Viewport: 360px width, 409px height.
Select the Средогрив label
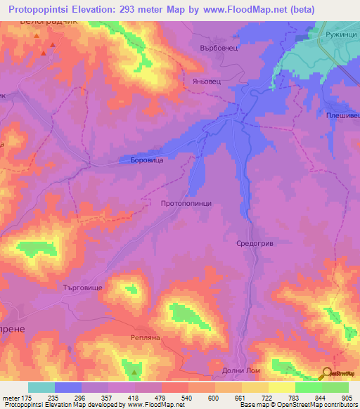click(254, 243)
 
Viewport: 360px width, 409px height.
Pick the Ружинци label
click(340, 34)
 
